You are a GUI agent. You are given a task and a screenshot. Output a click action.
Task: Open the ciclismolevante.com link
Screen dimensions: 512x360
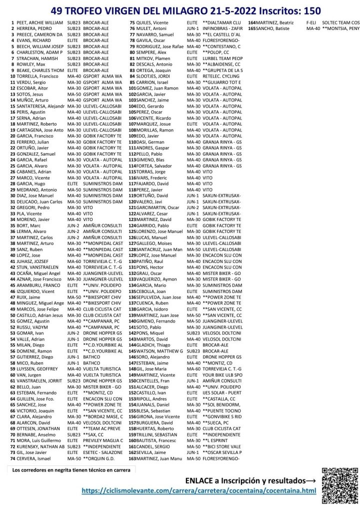pyautogui.click(x=199, y=491)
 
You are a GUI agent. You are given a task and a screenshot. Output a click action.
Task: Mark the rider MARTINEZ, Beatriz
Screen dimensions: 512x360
pyautogui.click(x=275, y=23)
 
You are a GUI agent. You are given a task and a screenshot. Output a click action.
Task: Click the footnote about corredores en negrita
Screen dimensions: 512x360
pyautogui.click(x=71, y=469)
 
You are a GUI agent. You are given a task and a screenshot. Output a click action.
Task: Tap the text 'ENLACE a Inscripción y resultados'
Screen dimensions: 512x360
pyautogui.click(x=247, y=480)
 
